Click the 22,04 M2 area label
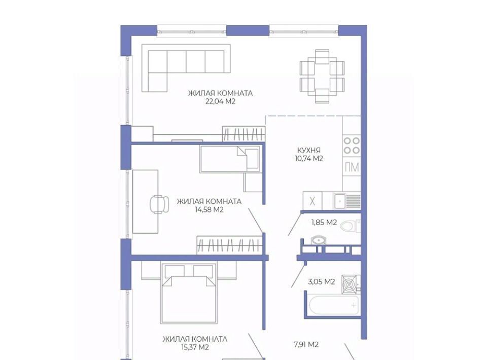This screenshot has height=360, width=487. tap(220, 101)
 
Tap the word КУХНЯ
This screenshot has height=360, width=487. tap(309, 150)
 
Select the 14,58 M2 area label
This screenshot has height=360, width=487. tap(209, 210)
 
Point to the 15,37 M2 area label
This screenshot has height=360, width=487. tap(195, 347)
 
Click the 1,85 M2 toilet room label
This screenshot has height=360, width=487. tap(324, 223)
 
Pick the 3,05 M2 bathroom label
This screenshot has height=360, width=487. tap(322, 282)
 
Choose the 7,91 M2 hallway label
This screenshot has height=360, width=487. tap(306, 344)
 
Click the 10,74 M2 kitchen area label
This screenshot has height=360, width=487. tap(309, 159)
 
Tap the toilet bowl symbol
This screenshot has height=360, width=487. tap(350, 226)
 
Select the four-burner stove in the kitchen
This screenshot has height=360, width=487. tap(352, 146)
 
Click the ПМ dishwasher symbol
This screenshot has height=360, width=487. tap(352, 168)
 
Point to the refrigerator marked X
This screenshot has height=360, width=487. tap(312, 201)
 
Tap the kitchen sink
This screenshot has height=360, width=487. tap(340, 201)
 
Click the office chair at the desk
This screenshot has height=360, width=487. tap(159, 204)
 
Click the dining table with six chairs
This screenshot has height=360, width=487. tap(322, 76)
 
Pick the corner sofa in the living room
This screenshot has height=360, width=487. tap(186, 68)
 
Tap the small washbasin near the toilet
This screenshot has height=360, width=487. tap(319, 240)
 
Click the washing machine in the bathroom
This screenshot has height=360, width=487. tap(351, 284)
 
